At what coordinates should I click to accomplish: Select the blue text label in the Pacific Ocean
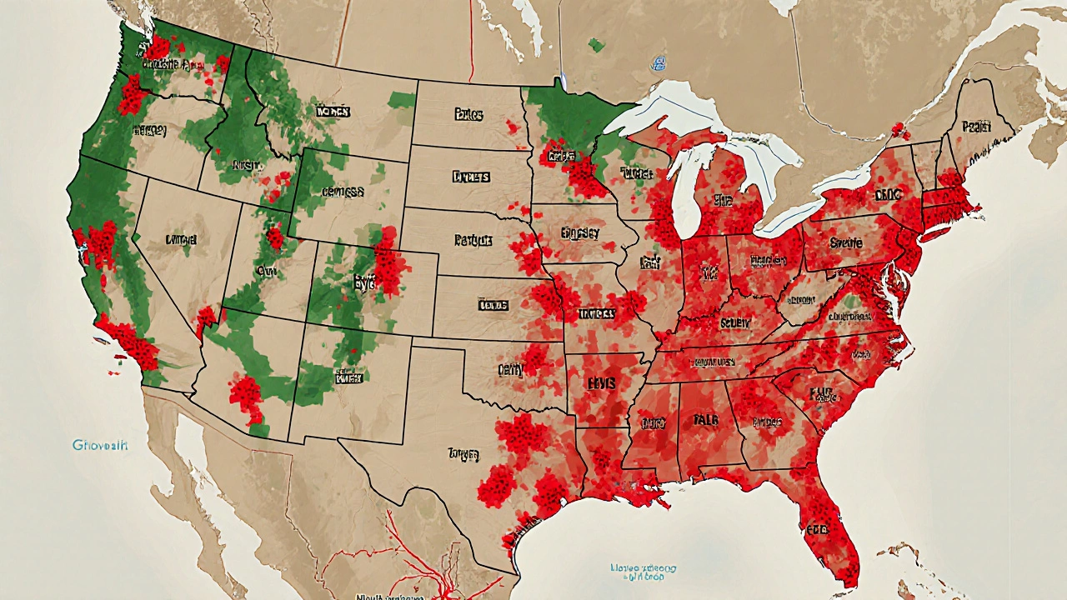point(100,446)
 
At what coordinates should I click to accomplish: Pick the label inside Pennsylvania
point(846,244)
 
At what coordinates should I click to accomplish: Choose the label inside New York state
point(889,195)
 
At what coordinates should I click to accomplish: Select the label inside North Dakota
point(469,113)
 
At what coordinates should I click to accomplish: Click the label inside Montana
point(333,111)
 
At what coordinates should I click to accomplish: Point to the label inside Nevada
point(181,240)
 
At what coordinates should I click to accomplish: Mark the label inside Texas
point(463,454)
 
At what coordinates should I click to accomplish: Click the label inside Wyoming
point(343,191)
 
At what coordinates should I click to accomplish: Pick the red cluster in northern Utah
point(274,238)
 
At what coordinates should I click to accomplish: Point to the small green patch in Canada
point(596,45)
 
